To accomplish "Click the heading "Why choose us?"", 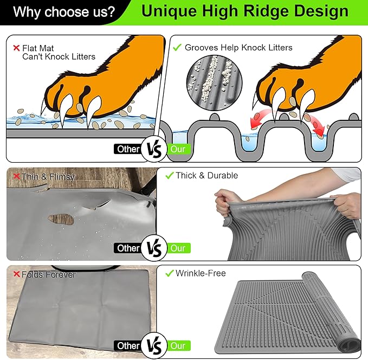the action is pyautogui.click(x=64, y=12).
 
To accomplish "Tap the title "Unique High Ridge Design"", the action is pyautogui.click(x=245, y=11).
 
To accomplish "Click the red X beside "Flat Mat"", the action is pyautogui.click(x=16, y=48).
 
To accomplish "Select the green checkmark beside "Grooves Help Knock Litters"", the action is pyautogui.click(x=177, y=47).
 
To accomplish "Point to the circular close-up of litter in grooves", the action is pyautogui.click(x=214, y=83).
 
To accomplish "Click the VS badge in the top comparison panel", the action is pyautogui.click(x=154, y=149).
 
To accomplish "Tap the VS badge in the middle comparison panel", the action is pyautogui.click(x=154, y=248).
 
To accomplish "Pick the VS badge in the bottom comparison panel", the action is pyautogui.click(x=154, y=346).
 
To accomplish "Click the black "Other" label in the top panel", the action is pyautogui.click(x=128, y=149).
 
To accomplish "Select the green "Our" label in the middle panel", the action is pyautogui.click(x=178, y=248).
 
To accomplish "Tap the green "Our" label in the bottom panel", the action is pyautogui.click(x=178, y=346).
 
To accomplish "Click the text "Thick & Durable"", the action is pyautogui.click(x=207, y=176).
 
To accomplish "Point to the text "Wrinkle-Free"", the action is pyautogui.click(x=201, y=273).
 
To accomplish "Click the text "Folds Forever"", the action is pyautogui.click(x=49, y=274).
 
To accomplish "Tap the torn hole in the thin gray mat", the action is pyautogui.click(x=61, y=220).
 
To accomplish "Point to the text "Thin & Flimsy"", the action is pyautogui.click(x=49, y=177).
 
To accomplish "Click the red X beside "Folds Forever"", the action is pyautogui.click(x=16, y=274).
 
